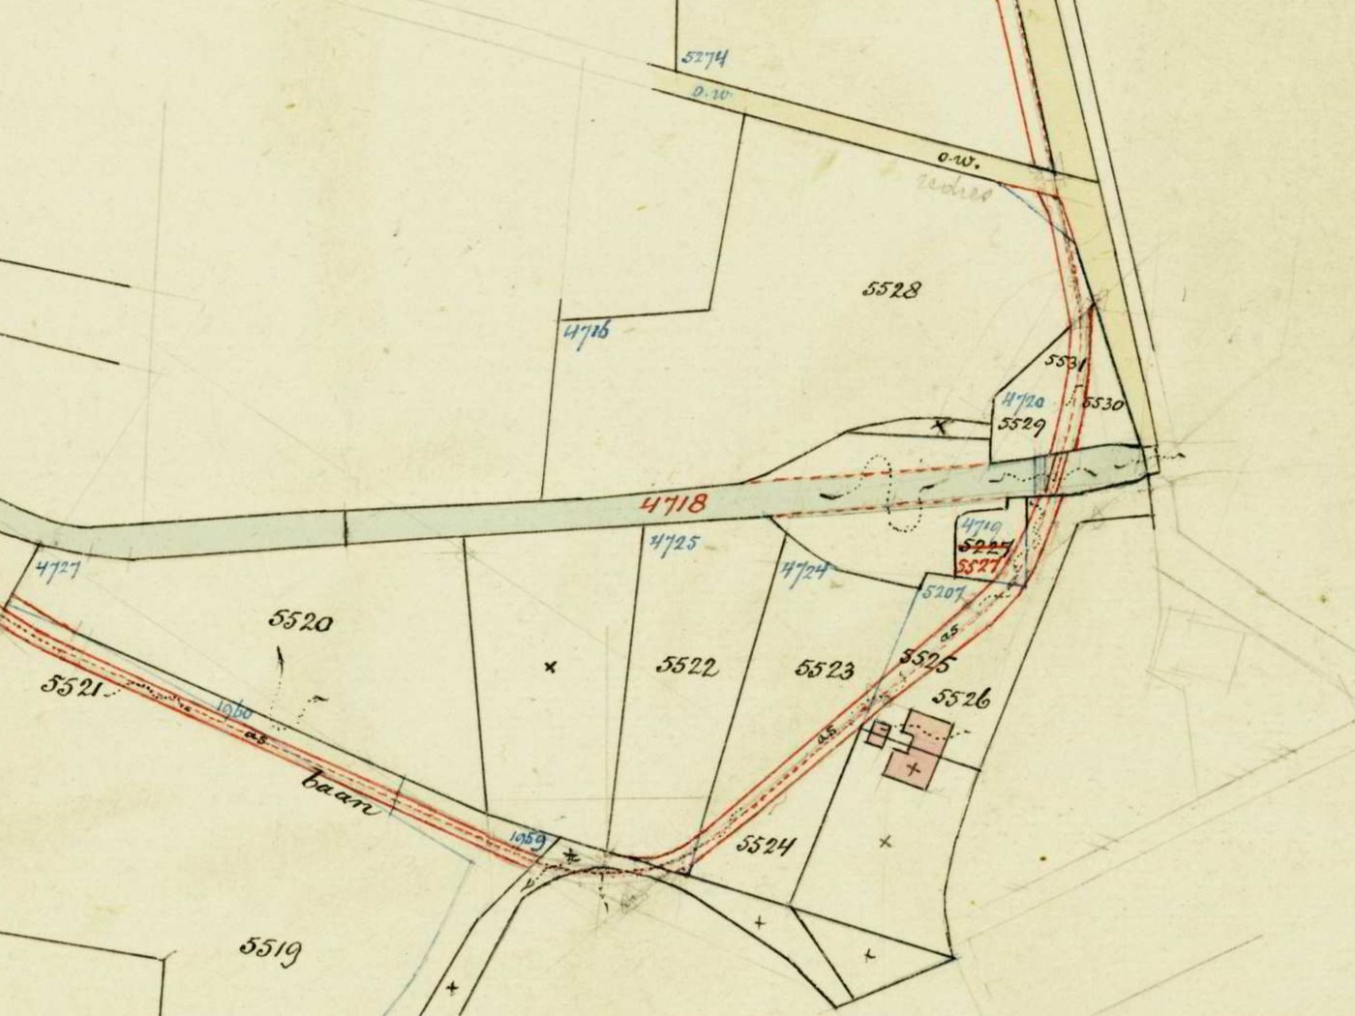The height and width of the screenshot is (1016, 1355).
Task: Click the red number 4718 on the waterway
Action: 674,503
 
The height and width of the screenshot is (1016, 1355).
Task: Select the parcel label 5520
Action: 301,620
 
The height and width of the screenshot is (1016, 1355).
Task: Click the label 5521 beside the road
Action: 72,685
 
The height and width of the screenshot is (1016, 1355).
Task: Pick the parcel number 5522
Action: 687,666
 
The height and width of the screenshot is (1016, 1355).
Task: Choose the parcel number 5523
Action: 825,669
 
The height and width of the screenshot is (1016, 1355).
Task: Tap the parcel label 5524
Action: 765,846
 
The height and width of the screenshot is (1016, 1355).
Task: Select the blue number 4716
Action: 587,334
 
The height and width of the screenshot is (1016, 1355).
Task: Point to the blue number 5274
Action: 705,57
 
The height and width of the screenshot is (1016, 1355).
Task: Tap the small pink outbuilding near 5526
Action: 878,734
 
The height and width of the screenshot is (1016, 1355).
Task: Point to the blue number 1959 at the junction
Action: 530,838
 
